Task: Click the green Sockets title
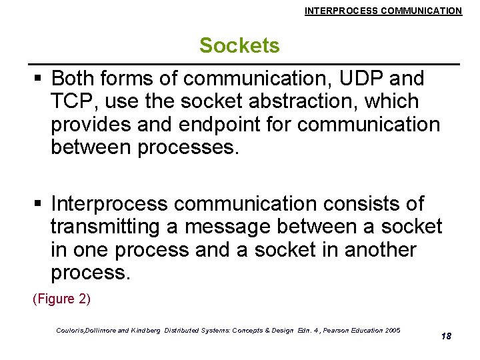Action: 239,45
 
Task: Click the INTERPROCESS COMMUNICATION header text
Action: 383,11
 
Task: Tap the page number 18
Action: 446,336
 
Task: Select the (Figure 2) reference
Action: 61,299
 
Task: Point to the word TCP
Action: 69,102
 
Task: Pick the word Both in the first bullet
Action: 72,79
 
